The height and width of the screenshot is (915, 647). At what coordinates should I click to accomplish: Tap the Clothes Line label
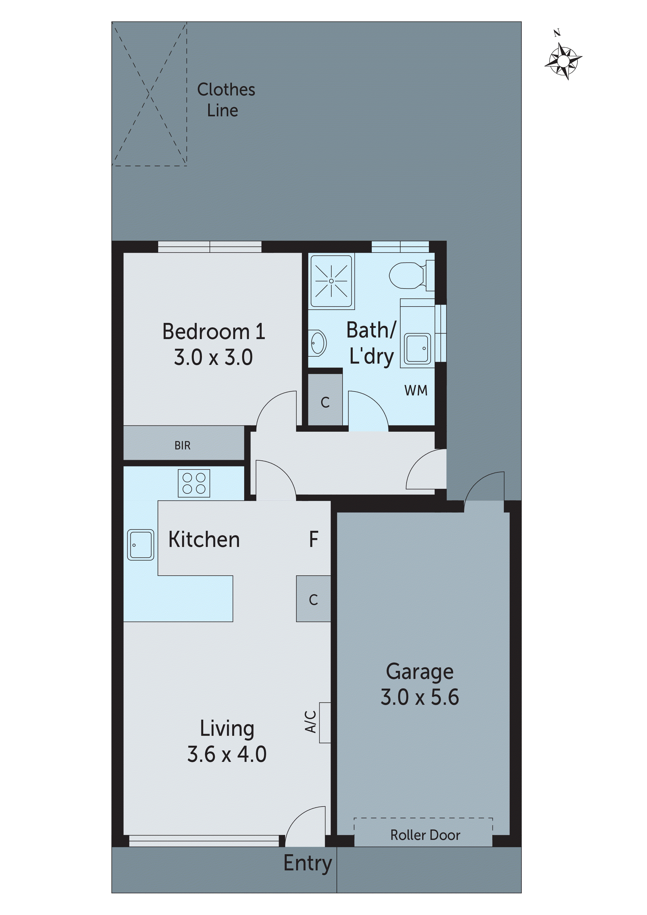coord(226,100)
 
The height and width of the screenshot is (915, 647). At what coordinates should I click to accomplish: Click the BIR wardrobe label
coord(183,446)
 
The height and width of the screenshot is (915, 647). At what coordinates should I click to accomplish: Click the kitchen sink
coord(140,545)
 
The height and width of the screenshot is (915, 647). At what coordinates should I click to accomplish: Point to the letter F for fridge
coord(314,540)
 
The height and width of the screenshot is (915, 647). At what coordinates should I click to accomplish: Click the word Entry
coord(307,864)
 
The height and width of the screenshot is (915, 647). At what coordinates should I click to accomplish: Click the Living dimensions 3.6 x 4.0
coord(226,754)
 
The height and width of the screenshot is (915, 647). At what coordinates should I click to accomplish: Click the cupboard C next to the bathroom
coord(325,402)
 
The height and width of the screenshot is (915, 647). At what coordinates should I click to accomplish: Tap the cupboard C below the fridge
coord(313,599)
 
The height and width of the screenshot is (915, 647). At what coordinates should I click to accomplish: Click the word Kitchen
coord(204,540)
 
